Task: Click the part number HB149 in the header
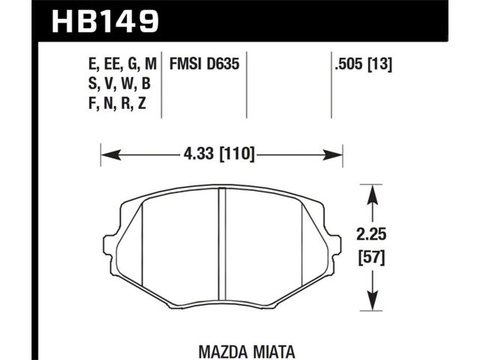[106, 21]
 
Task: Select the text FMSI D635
[204, 64]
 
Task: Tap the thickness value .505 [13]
[363, 64]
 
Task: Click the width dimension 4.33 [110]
[219, 153]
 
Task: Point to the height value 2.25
[371, 235]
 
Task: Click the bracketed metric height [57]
[371, 259]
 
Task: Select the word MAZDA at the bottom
[223, 352]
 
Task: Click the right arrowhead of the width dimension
[332, 155]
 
